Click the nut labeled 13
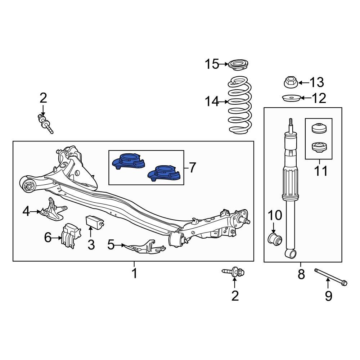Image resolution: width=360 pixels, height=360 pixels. (290, 82)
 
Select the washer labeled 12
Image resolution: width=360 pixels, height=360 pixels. (291, 98)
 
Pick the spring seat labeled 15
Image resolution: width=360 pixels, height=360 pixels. (238, 66)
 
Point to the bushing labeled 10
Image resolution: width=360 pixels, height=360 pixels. (275, 238)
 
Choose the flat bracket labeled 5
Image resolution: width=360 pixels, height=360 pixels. (144, 247)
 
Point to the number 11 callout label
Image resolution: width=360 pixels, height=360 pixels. (320, 171)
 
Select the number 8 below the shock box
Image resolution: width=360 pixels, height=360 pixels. (301, 274)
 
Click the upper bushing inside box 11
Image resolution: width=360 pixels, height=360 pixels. (318, 128)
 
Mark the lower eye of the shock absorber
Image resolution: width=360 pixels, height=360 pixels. (291, 254)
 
